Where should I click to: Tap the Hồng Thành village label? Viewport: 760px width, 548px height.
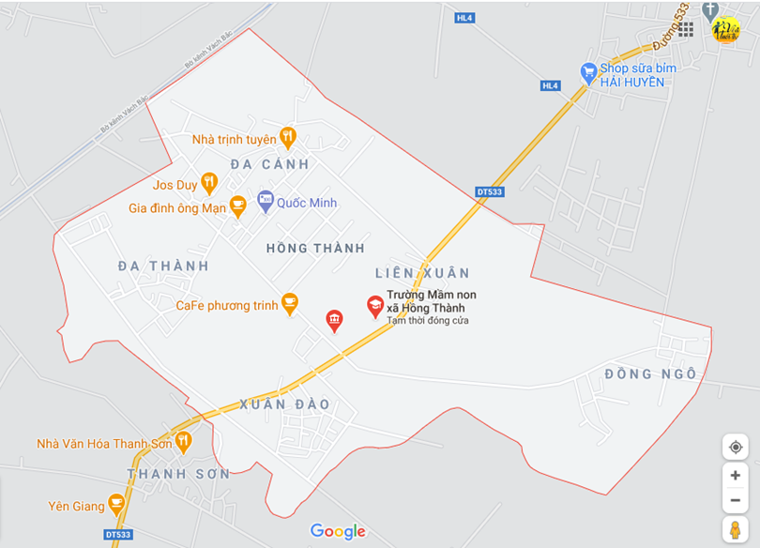click(315, 249)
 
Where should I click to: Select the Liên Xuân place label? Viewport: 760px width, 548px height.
click(421, 273)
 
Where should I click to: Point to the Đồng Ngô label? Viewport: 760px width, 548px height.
click(650, 374)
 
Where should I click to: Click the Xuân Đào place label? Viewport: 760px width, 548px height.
click(284, 404)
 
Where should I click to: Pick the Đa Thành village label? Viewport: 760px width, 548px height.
click(163, 266)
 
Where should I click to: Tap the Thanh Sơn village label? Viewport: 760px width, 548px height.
click(178, 474)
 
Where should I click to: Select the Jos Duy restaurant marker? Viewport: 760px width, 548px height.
click(209, 183)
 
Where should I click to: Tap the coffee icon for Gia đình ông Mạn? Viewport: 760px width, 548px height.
click(238, 205)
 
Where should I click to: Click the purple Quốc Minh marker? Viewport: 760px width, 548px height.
click(266, 201)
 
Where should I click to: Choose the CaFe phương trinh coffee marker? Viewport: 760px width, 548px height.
click(290, 303)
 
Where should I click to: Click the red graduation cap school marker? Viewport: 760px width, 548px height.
click(375, 306)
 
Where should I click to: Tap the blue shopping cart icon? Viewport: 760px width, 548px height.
click(588, 71)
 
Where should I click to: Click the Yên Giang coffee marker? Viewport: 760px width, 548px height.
click(116, 505)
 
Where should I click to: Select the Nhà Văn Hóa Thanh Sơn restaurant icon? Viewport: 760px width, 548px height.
click(182, 441)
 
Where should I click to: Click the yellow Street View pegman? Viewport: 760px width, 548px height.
click(735, 529)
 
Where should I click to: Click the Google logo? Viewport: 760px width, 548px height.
click(338, 532)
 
